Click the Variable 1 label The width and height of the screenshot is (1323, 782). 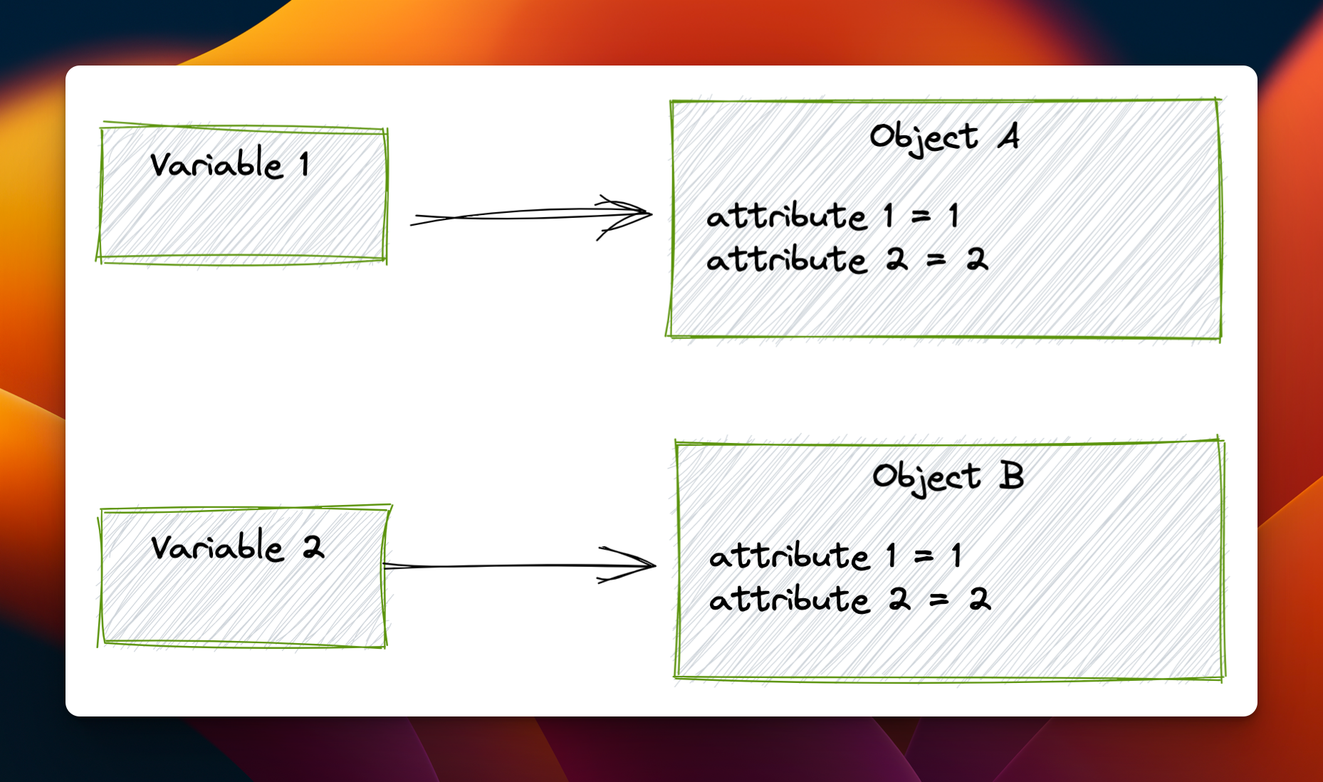click(x=229, y=165)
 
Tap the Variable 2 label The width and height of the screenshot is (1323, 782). click(x=237, y=548)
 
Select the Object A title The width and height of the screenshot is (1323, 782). click(x=944, y=137)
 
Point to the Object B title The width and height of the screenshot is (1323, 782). click(x=948, y=477)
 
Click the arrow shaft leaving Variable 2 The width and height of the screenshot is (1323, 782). click(x=498, y=566)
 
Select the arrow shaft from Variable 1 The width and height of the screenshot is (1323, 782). click(x=513, y=214)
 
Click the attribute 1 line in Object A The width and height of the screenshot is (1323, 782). click(x=832, y=216)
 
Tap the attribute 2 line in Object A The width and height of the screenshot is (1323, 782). click(x=847, y=259)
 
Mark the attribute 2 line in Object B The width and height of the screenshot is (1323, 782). click(x=849, y=599)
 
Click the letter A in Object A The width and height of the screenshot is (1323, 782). click(x=1008, y=135)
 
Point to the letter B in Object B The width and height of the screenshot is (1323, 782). click(x=1011, y=476)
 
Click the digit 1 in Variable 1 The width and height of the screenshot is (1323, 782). click(x=304, y=165)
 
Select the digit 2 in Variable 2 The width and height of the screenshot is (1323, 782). click(x=313, y=548)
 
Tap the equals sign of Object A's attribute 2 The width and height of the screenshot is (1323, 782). click(x=936, y=261)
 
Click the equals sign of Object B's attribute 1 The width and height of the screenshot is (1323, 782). click(x=924, y=556)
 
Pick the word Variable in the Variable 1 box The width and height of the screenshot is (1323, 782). click(x=216, y=165)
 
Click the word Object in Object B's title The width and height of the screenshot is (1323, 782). click(x=926, y=477)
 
